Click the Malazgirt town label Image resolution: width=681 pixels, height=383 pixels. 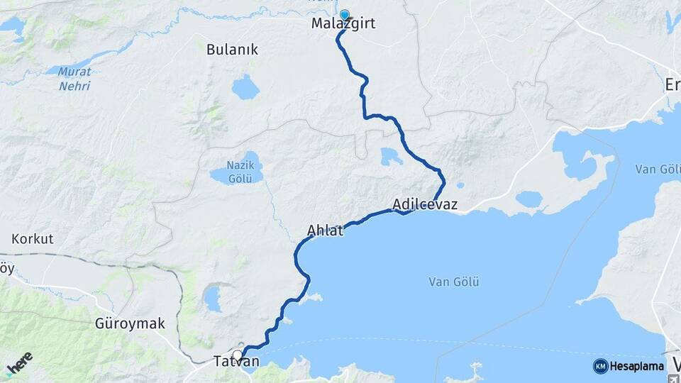(x=343, y=24)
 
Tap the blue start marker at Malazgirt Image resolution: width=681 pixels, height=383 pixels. (x=345, y=15)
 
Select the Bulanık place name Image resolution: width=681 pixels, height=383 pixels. (x=232, y=50)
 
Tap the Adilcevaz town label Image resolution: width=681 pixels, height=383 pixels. (x=424, y=205)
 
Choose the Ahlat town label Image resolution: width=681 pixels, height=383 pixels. (x=326, y=231)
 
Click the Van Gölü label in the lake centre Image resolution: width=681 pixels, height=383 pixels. (x=454, y=282)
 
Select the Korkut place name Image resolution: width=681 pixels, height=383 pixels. (x=33, y=238)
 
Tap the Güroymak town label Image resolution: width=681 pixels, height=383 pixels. (x=130, y=323)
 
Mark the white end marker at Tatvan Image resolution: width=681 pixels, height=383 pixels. (x=237, y=355)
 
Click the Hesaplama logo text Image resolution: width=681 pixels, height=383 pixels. (x=636, y=366)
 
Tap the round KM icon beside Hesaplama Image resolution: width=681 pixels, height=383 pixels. (x=600, y=366)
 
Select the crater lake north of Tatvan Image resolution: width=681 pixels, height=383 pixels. (x=212, y=299)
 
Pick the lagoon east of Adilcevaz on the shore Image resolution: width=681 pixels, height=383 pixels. (x=528, y=199)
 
